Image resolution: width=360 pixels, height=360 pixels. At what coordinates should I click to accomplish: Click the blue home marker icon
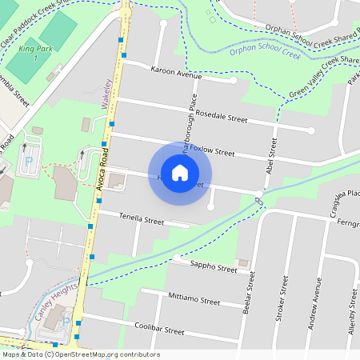[x=180, y=173]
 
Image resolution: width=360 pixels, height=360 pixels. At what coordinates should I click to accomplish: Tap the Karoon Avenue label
[x=176, y=72]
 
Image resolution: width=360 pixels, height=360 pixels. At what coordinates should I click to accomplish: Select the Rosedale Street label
[x=222, y=117]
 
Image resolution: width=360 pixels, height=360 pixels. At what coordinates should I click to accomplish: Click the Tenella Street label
[x=142, y=218]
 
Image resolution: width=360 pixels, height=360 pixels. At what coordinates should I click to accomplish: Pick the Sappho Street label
[x=214, y=266]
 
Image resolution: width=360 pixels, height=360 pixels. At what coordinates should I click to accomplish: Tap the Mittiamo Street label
[x=194, y=300]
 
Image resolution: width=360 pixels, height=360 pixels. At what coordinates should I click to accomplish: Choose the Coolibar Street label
[x=159, y=330]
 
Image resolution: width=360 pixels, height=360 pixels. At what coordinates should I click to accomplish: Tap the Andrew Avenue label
[x=317, y=299]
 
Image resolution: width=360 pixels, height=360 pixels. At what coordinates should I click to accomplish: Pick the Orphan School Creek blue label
[x=264, y=54]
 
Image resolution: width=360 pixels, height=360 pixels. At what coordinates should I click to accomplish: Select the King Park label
[x=34, y=54]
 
